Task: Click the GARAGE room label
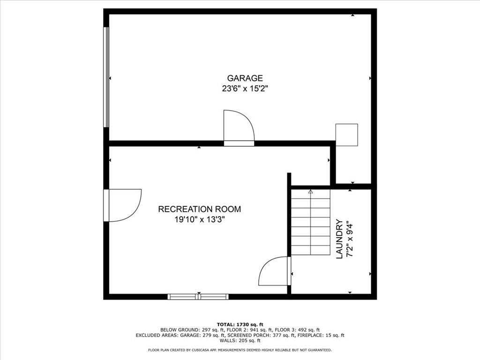pos(245,78)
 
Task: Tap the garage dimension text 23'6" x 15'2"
pos(245,89)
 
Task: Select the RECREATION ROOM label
pos(200,209)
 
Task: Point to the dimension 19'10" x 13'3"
pos(200,219)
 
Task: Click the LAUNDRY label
pos(339,239)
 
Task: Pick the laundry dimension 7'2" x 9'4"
pos(349,239)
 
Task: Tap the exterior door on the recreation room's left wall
pos(122,205)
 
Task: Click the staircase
pos(310,222)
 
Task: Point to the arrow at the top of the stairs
pos(311,192)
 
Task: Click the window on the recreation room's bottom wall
pos(198,296)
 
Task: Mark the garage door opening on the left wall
pos(106,77)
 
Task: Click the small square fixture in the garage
pos(346,135)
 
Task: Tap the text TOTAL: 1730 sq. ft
pos(240,324)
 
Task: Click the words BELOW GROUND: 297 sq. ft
pos(192,330)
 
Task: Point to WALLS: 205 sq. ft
pos(240,340)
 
